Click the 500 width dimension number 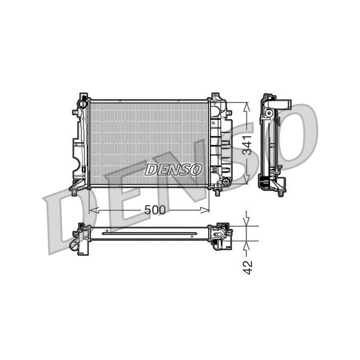click(154, 209)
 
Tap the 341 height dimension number click(247, 145)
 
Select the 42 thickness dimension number click(247, 267)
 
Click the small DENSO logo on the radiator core click(173, 169)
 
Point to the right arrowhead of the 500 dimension click(205, 210)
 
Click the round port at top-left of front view click(82, 104)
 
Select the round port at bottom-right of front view click(226, 182)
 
